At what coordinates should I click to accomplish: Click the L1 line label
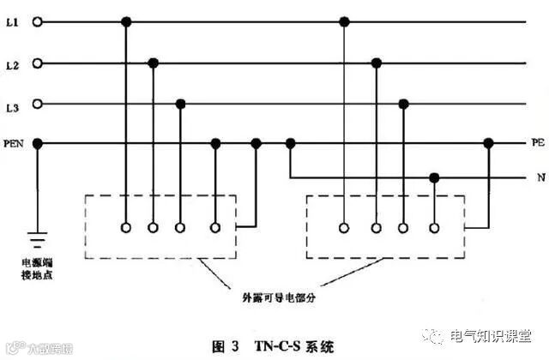[x=12, y=21]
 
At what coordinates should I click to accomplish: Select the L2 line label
[x=12, y=63]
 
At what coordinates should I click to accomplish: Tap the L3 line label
[x=12, y=105]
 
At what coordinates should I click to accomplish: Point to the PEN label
[x=14, y=143]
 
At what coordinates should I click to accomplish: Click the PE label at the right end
[x=537, y=143]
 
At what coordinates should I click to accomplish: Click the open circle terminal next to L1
[x=37, y=21]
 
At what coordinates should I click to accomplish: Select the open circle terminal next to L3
[x=37, y=105]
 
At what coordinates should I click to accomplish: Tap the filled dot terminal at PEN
[x=37, y=143]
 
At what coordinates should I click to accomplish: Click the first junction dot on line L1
[x=126, y=21]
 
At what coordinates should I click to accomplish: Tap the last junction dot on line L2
[x=376, y=63]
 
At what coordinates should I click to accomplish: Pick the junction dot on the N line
[x=435, y=178]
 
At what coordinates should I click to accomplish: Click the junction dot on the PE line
[x=489, y=143]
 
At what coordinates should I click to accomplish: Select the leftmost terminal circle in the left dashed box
[x=126, y=228]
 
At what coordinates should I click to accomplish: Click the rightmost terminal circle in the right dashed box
[x=435, y=228]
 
